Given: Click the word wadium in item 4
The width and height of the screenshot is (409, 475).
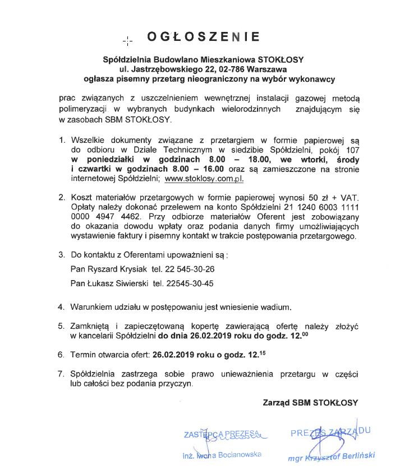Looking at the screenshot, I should pos(278,307).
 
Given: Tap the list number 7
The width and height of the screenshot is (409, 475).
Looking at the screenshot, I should pos(62,373).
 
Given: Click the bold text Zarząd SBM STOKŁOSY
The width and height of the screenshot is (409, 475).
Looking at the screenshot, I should pos(310,402).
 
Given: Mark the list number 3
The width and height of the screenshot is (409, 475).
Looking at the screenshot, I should pos(62,255).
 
